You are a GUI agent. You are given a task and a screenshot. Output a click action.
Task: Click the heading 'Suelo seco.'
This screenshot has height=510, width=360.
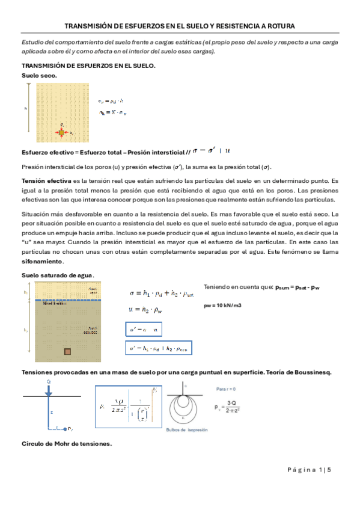click(40, 75)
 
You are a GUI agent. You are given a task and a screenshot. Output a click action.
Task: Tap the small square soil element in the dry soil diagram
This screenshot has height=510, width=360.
click(61, 132)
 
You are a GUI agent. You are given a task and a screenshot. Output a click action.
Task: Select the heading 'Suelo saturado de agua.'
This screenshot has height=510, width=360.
click(58, 275)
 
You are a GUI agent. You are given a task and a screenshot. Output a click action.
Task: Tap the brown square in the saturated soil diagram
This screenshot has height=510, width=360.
click(68, 352)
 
